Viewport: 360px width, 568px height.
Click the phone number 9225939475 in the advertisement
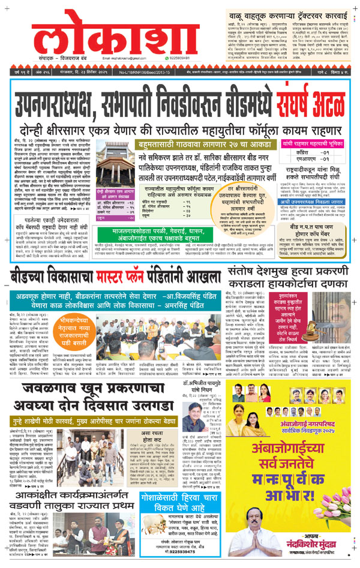pyautogui.click(x=176, y=560)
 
